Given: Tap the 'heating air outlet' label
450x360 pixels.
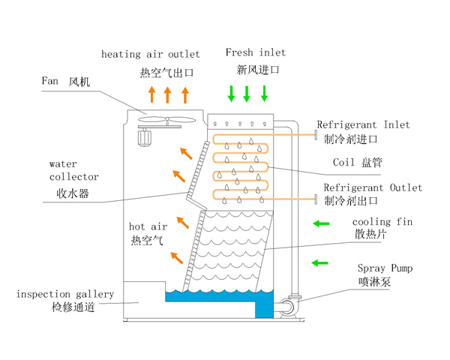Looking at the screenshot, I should click(150, 54).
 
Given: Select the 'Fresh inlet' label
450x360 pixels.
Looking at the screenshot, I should click(256, 52).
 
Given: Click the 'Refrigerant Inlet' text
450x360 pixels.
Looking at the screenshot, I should click(363, 124).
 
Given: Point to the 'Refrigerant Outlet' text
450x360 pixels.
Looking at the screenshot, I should click(372, 187).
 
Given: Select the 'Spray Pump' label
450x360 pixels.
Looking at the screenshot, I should click(385, 268).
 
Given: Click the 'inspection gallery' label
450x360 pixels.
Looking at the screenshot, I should click(64, 294).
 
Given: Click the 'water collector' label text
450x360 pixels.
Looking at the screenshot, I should click(73, 169).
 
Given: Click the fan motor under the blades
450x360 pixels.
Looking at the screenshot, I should click(143, 135).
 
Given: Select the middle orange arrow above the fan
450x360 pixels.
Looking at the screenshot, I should click(167, 94).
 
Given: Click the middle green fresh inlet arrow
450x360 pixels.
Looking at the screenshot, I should click(247, 94).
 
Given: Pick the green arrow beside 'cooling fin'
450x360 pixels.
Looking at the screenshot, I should click(320, 223).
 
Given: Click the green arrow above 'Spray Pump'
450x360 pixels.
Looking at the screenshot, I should click(320, 262).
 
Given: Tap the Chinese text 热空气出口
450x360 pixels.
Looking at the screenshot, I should click(166, 73).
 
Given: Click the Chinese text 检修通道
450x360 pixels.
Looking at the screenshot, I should click(73, 307).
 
